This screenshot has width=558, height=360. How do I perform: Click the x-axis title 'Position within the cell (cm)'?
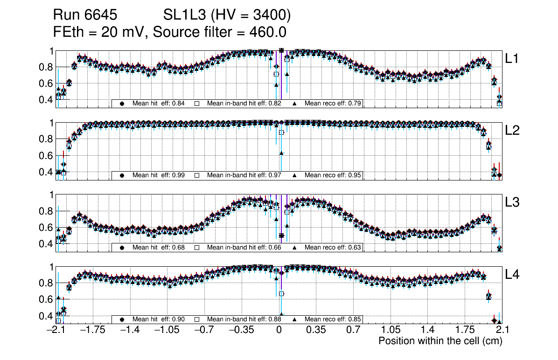pos(440,341)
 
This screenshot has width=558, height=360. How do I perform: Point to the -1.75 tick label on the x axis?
pos(92,330)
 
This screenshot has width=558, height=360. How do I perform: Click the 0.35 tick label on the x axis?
pos(316,330)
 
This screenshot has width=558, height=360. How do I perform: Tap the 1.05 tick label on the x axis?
pos(391,330)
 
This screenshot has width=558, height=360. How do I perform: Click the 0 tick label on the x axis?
pos(279,330)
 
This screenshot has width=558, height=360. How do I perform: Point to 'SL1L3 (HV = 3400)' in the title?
pos(227,15)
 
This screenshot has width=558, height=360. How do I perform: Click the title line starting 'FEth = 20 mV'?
pos(170,32)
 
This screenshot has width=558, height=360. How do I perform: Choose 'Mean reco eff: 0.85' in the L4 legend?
pos(333,320)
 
